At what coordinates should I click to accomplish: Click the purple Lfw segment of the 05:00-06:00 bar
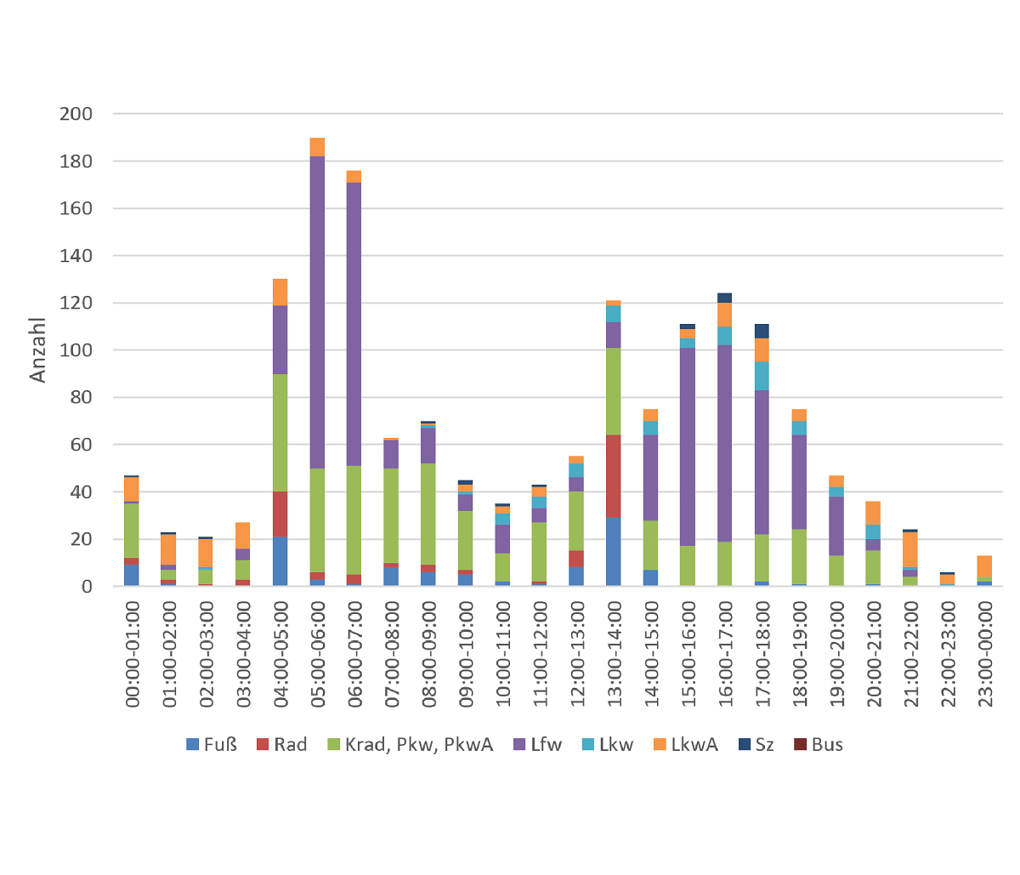coord(317,312)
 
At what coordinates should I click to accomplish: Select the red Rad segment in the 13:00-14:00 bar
coord(614,476)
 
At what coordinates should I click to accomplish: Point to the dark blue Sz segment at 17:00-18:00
coord(762,331)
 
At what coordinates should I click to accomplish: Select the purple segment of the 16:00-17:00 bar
coord(725,443)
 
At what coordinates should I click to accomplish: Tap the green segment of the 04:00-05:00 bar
coord(280,433)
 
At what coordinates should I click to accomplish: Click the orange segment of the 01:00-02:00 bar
coord(168,549)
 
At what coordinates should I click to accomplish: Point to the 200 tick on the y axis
coord(76,114)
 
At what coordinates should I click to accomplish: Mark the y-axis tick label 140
coord(76,256)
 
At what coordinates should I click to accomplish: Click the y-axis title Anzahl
coord(38,349)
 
